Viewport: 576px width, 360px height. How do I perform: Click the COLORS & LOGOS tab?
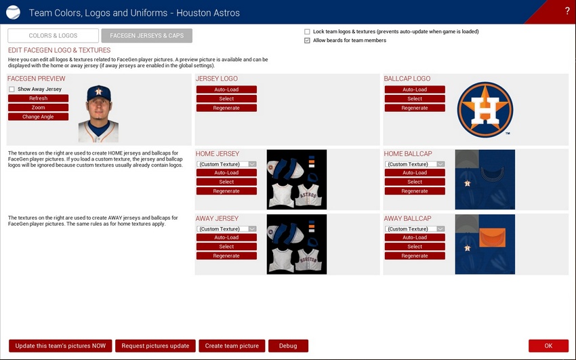pyautogui.click(x=54, y=36)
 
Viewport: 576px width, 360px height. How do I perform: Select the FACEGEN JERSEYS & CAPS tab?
pyautogui.click(x=146, y=36)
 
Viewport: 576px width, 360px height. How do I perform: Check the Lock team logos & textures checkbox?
pyautogui.click(x=307, y=32)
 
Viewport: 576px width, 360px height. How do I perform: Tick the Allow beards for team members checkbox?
pyautogui.click(x=307, y=41)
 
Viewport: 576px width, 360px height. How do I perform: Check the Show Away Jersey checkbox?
pyautogui.click(x=12, y=89)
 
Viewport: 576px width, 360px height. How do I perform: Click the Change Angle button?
pyautogui.click(x=38, y=117)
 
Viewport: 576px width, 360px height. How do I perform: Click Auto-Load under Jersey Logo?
pyautogui.click(x=226, y=89)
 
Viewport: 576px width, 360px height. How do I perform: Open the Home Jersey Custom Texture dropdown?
pyautogui.click(x=226, y=164)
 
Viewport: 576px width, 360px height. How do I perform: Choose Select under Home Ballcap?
pyautogui.click(x=415, y=182)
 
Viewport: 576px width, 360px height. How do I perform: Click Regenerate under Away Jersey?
pyautogui.click(x=226, y=256)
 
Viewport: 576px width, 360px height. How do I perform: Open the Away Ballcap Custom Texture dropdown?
pyautogui.click(x=415, y=229)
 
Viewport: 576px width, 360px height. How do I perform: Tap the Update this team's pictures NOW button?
pyautogui.click(x=60, y=346)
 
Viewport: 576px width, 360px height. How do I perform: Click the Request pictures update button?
pyautogui.click(x=155, y=346)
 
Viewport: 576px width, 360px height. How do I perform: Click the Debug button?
pyautogui.click(x=288, y=346)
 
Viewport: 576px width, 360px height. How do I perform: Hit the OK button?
pyautogui.click(x=548, y=346)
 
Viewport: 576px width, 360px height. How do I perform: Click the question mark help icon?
pyautogui.click(x=567, y=11)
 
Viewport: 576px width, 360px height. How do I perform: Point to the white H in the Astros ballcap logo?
pyautogui.click(x=485, y=111)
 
